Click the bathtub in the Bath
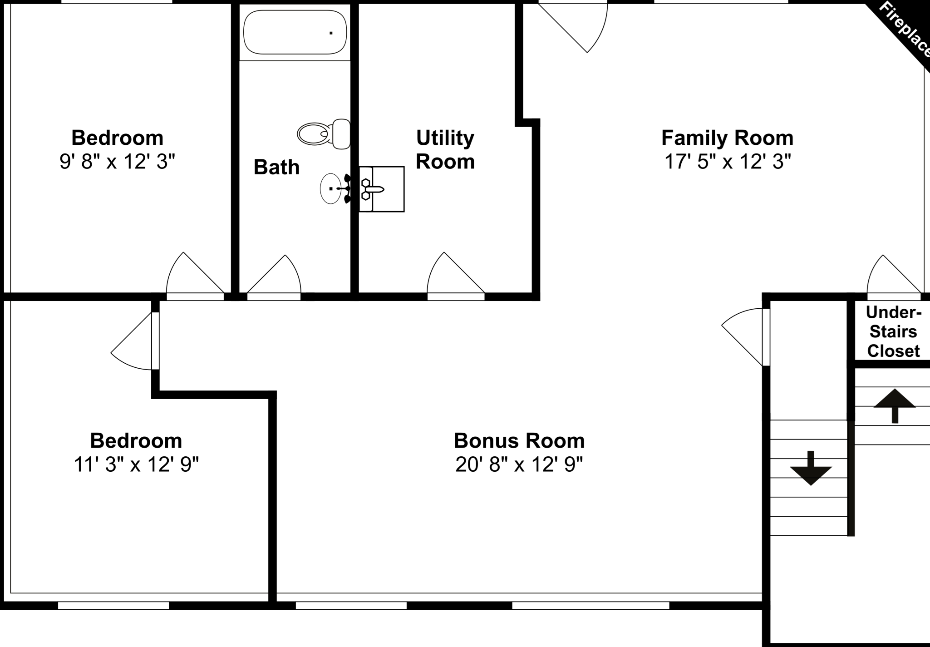pyautogui.click(x=295, y=32)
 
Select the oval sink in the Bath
pyautogui.click(x=331, y=188)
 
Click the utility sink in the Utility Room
pyautogui.click(x=381, y=189)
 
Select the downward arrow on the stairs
pyautogui.click(x=811, y=468)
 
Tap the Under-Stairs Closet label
pyautogui.click(x=893, y=331)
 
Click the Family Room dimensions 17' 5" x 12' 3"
pyautogui.click(x=728, y=162)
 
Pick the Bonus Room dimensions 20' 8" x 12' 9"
pyautogui.click(x=519, y=464)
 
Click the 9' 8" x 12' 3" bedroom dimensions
pyautogui.click(x=117, y=162)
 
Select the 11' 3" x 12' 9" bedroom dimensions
pyautogui.click(x=136, y=464)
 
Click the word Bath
pyautogui.click(x=276, y=167)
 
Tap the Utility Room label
pyautogui.click(x=445, y=149)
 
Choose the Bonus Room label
pyautogui.click(x=519, y=440)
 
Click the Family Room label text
pyautogui.click(x=727, y=138)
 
